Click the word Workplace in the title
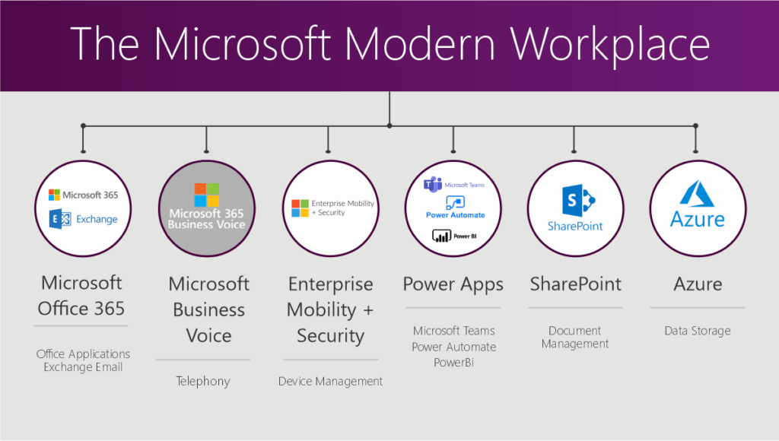pos(611,44)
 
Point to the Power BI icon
pos(441,236)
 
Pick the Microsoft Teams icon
pos(433,184)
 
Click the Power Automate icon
pos(455,202)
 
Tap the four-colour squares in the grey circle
pos(206,195)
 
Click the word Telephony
pos(202,381)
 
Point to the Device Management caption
pos(330,381)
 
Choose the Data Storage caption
pos(697,331)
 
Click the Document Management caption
pos(575,337)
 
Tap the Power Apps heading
pos(453,284)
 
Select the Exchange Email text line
pos(83,367)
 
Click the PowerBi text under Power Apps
pos(453,363)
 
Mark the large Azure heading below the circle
pos(698,284)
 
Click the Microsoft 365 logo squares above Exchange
pos(54,195)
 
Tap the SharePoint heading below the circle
pos(575,284)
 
